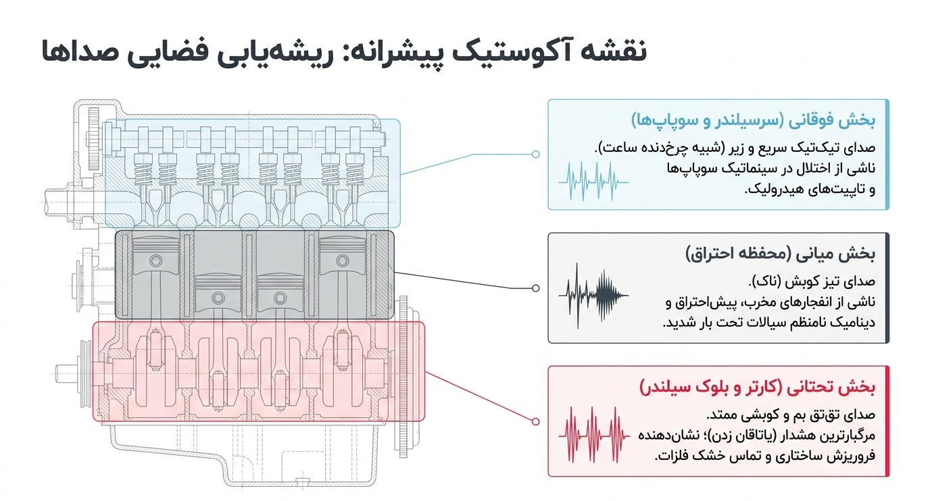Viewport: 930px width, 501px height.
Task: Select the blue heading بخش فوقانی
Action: coord(831,120)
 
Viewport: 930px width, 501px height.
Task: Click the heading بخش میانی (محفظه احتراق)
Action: coord(780,253)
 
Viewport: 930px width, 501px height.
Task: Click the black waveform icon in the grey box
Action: coord(593,295)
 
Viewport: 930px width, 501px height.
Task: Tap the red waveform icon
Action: coord(593,435)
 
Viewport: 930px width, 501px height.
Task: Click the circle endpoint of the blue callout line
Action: coord(535,154)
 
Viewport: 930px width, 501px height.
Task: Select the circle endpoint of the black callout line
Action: coord(535,288)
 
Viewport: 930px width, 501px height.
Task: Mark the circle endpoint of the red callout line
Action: coord(535,422)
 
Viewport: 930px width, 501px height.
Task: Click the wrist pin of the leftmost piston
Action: coord(156,261)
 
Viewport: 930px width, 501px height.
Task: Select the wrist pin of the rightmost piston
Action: coord(342,261)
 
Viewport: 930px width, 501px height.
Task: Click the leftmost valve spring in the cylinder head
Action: coord(143,170)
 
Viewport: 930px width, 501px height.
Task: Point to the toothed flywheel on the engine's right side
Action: coord(403,377)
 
